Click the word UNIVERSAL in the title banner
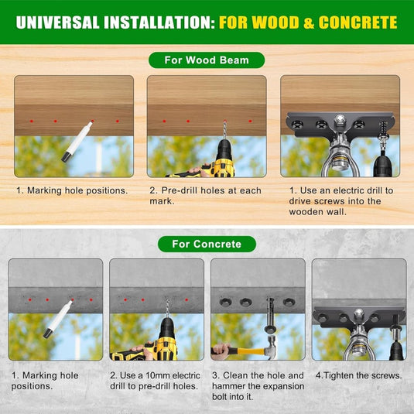pyautogui.click(x=58, y=22)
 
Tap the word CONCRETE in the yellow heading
pyautogui.click(x=358, y=22)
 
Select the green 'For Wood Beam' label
pyautogui.click(x=207, y=60)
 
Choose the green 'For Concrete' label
pyautogui.click(x=207, y=244)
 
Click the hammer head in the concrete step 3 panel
pyautogui.click(x=271, y=347)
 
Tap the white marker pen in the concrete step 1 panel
pyautogui.click(x=59, y=319)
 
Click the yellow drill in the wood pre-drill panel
pyautogui.click(x=209, y=161)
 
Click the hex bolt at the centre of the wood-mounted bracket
pyautogui.click(x=340, y=120)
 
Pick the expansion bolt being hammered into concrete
pyautogui.click(x=270, y=315)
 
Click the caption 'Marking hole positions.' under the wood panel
pyautogui.click(x=72, y=190)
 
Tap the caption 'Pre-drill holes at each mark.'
pyautogui.click(x=205, y=196)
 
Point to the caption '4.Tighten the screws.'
pyautogui.click(x=358, y=375)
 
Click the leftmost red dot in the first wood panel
pyautogui.click(x=32, y=121)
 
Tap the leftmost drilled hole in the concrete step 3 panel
pyautogui.click(x=225, y=302)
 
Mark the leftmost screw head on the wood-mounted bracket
pyautogui.click(x=298, y=124)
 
